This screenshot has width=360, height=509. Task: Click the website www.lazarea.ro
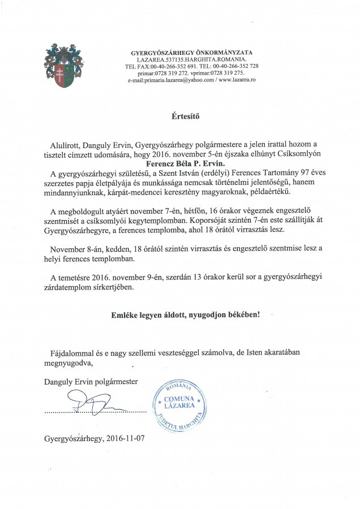coord(237,80)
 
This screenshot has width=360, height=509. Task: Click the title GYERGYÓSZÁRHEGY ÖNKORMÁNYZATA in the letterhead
coord(192,52)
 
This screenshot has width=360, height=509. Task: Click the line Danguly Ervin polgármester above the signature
coord(90,381)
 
